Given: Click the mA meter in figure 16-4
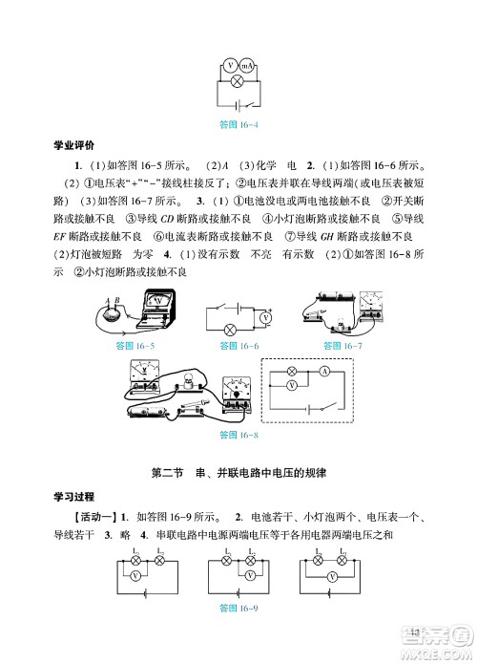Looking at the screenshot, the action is click(x=247, y=66).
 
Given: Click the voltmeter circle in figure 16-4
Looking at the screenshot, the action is click(x=229, y=66).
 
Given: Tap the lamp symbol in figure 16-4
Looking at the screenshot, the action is click(x=237, y=83).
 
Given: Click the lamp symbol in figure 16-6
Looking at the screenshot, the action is click(x=229, y=330).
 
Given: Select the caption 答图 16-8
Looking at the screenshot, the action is click(x=238, y=434).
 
